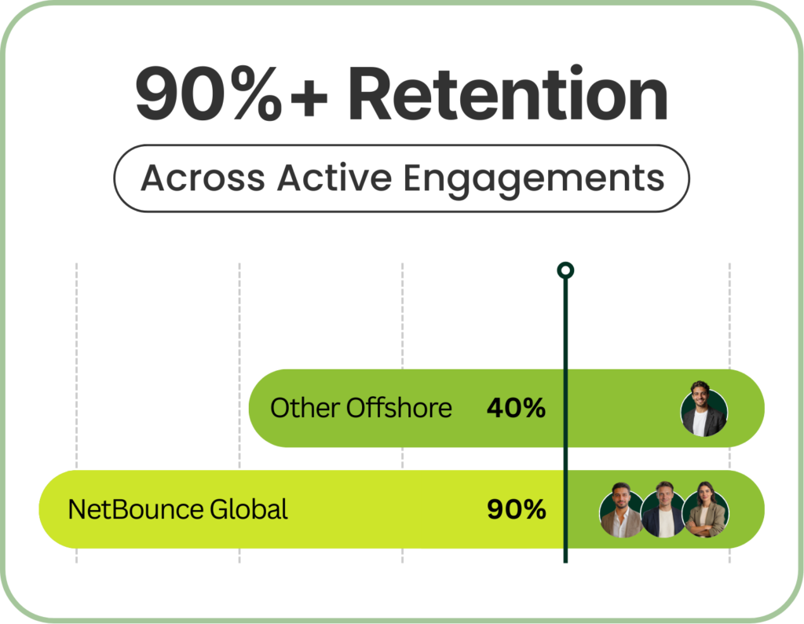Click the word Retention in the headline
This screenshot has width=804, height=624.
[x=508, y=94]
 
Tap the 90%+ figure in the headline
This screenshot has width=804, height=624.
[x=232, y=94]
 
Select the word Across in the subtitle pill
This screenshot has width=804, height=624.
[x=203, y=178]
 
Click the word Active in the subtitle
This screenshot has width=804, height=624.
[x=334, y=178]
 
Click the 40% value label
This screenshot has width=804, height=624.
[x=516, y=408]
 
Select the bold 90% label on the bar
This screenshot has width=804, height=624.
[x=517, y=509]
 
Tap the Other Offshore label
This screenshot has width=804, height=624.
[x=361, y=408]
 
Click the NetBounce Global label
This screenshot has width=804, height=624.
[x=177, y=509]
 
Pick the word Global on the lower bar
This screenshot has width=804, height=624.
[x=249, y=509]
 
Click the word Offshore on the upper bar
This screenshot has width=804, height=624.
[x=399, y=408]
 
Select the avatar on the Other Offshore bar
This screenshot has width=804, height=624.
[x=704, y=409]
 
